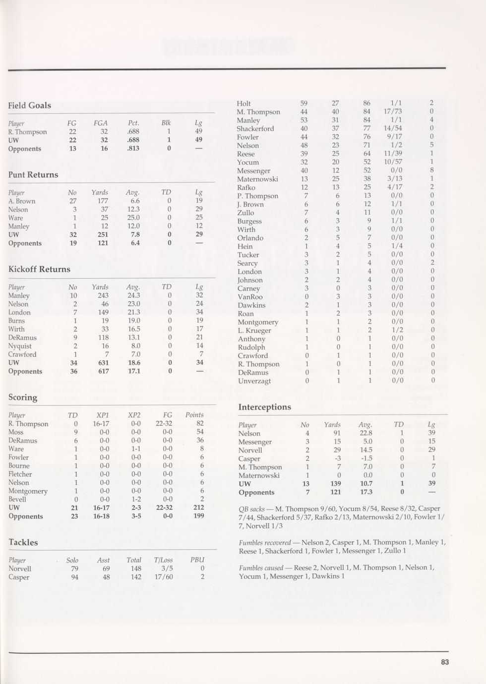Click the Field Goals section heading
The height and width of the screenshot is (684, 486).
click(x=29, y=106)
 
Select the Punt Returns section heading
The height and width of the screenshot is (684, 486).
click(x=33, y=175)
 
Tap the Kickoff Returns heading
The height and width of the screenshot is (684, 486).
click(x=39, y=270)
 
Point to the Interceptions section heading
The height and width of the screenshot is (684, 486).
click(x=264, y=407)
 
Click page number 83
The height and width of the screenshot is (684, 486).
click(x=444, y=662)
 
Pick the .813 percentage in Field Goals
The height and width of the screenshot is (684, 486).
click(x=132, y=149)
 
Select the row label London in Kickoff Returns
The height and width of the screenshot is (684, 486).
click(x=19, y=313)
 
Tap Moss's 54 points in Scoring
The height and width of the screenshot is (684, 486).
click(x=200, y=432)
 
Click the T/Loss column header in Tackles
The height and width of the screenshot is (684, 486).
click(x=163, y=561)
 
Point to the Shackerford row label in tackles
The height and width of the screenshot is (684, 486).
click(x=255, y=129)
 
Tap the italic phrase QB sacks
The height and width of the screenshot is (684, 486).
click(x=250, y=509)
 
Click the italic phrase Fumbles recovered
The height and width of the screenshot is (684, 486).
click(x=264, y=543)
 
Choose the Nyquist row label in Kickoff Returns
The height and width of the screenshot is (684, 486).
click(x=20, y=346)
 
